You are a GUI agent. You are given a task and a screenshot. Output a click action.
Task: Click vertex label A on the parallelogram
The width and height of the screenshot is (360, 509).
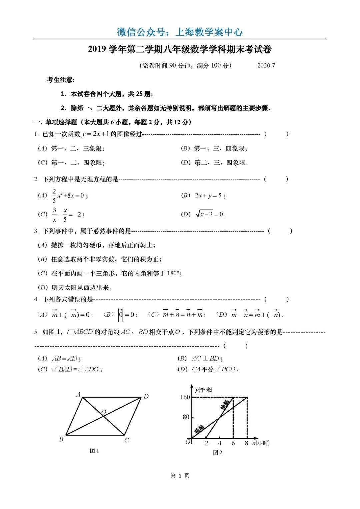78,395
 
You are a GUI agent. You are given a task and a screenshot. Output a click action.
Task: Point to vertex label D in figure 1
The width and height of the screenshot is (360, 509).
146,396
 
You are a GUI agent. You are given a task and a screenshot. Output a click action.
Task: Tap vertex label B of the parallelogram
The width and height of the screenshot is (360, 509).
61,439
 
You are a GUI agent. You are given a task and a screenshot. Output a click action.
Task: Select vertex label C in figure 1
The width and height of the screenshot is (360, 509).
127,440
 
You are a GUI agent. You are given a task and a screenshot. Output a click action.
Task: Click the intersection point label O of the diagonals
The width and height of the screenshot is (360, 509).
104,413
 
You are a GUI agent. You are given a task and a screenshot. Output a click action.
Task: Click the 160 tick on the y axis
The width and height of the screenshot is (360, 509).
185,397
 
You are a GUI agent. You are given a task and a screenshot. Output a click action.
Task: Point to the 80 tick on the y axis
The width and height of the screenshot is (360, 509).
186,417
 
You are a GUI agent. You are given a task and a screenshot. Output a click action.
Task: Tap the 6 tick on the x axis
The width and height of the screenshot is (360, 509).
233,443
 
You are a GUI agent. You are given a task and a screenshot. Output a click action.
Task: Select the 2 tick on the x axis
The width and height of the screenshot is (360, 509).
206,443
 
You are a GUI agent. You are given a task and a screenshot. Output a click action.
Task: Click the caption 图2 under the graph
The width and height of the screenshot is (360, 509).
217,452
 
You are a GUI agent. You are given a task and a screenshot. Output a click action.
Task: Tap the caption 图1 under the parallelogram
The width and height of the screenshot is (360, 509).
94,451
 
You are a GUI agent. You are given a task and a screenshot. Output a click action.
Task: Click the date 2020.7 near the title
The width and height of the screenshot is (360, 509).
266,65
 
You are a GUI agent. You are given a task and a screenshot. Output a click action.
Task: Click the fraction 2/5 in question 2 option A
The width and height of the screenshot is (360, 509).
54,196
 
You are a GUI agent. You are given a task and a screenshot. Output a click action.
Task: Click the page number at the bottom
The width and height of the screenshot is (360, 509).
180,476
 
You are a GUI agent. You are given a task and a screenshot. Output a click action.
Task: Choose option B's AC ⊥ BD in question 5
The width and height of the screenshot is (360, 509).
206,359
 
